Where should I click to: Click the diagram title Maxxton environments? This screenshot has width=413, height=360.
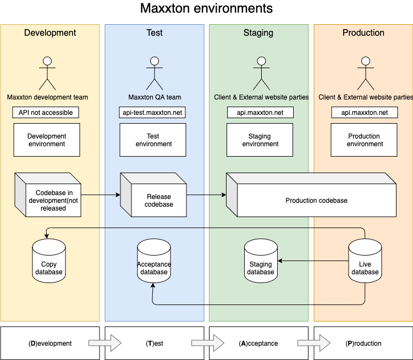[x=206, y=9]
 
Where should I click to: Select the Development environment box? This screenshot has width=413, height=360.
[x=47, y=140]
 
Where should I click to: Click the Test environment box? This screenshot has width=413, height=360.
[x=153, y=140]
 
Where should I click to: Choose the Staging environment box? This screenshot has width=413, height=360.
[x=260, y=140]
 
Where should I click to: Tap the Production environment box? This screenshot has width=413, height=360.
[x=364, y=140]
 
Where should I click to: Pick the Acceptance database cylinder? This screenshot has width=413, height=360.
[x=154, y=261]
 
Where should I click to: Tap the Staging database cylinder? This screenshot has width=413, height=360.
[x=261, y=261]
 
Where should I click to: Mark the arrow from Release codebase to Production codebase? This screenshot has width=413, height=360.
[x=206, y=195]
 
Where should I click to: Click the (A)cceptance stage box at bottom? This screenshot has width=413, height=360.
[x=258, y=344]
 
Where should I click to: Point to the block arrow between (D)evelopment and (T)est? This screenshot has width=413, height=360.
[x=104, y=344]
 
